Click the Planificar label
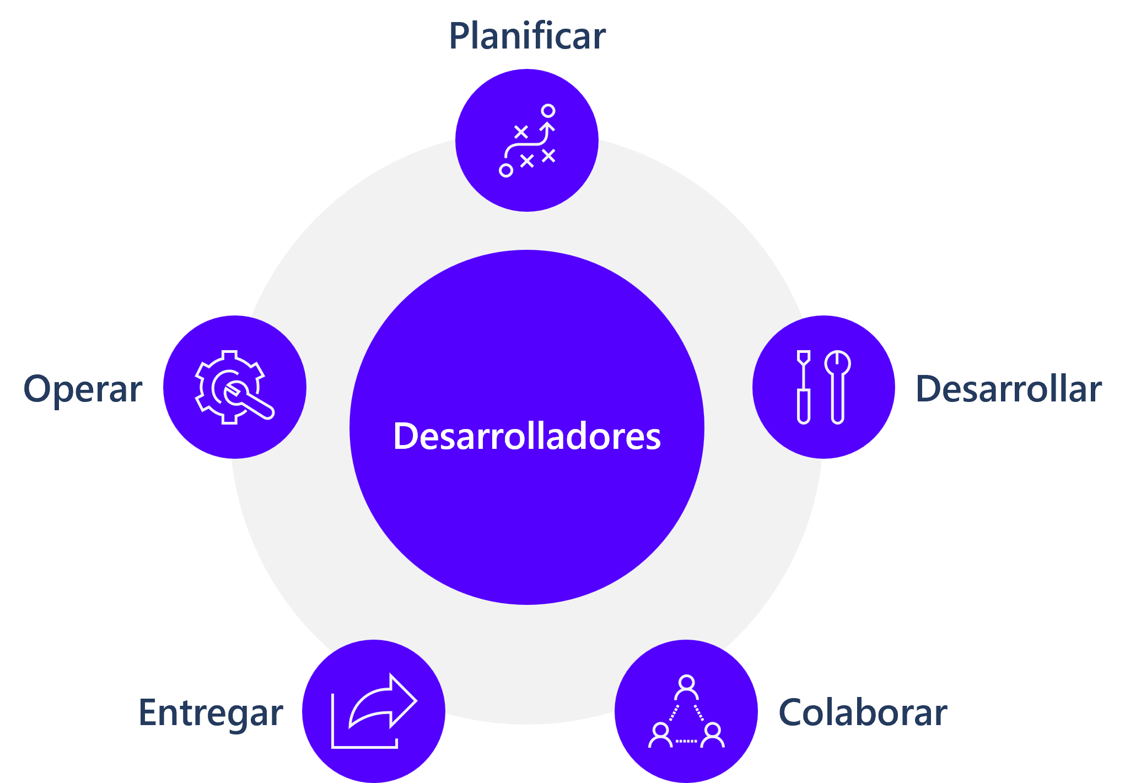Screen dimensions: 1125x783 (x=527, y=36)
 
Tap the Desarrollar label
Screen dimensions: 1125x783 (x=1009, y=389)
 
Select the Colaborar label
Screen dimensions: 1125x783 (x=863, y=712)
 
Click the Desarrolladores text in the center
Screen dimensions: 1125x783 (x=527, y=436)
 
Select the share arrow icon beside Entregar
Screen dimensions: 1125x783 (x=374, y=711)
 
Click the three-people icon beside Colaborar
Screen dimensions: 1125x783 (x=686, y=711)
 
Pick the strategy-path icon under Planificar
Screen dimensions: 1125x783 (x=527, y=141)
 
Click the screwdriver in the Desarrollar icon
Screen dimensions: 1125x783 (x=804, y=387)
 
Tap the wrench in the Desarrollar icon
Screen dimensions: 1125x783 (x=838, y=387)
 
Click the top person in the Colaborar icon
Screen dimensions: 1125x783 (x=686, y=687)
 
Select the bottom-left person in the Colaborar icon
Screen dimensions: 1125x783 (x=660, y=735)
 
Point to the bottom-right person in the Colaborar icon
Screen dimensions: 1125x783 (x=713, y=735)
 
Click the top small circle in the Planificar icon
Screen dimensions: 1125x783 (x=548, y=111)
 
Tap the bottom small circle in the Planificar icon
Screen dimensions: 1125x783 (x=506, y=170)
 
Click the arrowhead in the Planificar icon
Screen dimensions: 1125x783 (x=547, y=127)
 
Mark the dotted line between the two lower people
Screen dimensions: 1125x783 (x=686, y=741)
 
